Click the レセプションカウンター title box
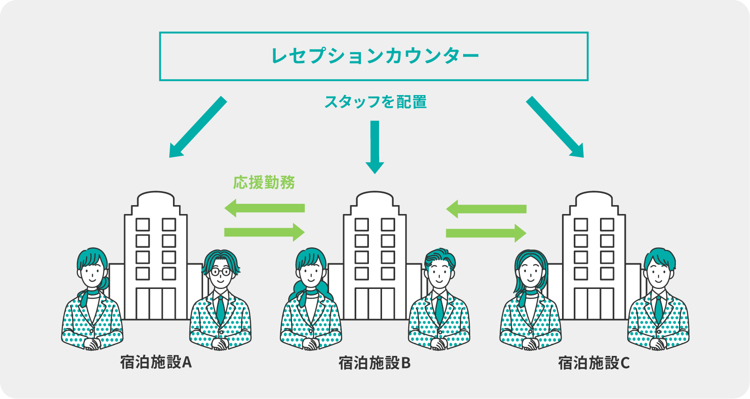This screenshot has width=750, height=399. (x=374, y=56)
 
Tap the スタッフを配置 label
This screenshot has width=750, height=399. (x=375, y=102)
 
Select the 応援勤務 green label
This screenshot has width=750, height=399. (x=264, y=182)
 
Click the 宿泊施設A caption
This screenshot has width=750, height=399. (x=156, y=362)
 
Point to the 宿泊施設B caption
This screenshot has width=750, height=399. (x=375, y=363)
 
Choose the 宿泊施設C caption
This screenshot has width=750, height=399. (x=593, y=363)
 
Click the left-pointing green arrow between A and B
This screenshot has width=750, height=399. (x=265, y=207)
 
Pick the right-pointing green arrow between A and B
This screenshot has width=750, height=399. (x=265, y=232)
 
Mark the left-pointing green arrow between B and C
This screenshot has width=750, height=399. (x=486, y=209)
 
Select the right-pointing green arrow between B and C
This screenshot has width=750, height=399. (x=486, y=233)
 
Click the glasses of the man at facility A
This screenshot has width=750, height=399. (x=220, y=272)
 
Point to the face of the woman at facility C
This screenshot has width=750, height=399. (x=531, y=272)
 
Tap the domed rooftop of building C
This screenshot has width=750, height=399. (x=594, y=197)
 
